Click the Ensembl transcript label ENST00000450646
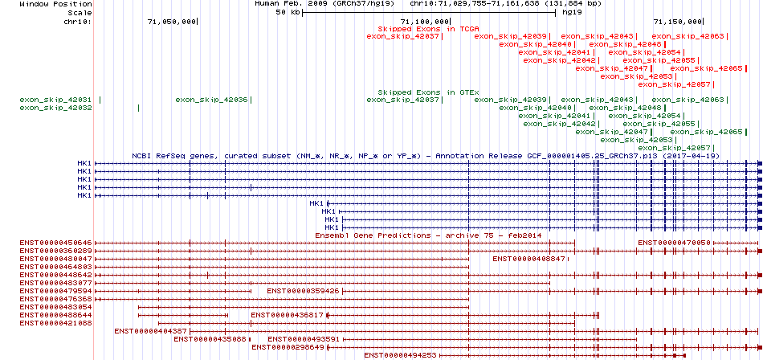[x=56, y=243]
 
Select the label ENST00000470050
[x=675, y=243]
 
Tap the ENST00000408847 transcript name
[x=529, y=259]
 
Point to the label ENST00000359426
[x=303, y=291]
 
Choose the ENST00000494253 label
[x=400, y=355]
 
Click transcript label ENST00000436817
[x=287, y=315]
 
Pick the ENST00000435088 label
[x=210, y=339]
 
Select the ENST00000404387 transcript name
[x=151, y=331]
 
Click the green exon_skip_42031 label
[x=56, y=100]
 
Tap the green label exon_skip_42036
[x=212, y=100]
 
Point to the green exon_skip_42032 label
[x=56, y=108]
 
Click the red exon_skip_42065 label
[x=707, y=68]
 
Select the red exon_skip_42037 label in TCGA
[x=403, y=36]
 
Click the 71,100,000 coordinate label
[x=424, y=22]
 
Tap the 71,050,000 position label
[x=172, y=22]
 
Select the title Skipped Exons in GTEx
[x=429, y=92]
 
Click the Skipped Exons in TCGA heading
[x=429, y=28]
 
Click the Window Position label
[x=56, y=3]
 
